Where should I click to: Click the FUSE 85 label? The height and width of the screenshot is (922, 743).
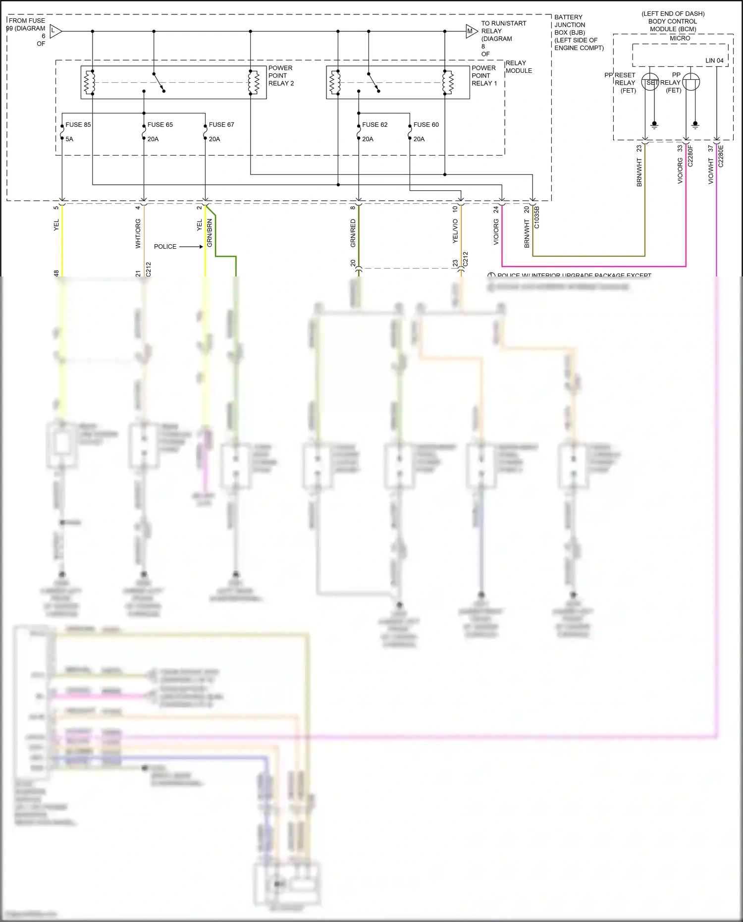tap(78, 125)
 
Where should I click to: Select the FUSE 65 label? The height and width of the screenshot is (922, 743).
tap(160, 125)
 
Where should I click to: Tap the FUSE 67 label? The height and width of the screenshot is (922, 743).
tap(221, 125)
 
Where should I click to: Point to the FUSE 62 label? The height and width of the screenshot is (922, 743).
tap(374, 125)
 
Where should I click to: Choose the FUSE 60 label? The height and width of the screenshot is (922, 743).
tap(426, 125)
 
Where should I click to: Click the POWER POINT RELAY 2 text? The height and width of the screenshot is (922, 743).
tap(281, 76)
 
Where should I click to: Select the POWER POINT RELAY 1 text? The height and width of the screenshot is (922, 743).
tap(484, 76)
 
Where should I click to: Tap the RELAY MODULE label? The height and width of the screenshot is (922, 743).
tap(519, 67)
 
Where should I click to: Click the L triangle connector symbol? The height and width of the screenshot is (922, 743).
tap(55, 31)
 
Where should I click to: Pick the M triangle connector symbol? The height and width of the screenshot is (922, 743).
tap(471, 31)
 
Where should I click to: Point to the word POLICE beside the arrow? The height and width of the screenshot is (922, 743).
tap(165, 247)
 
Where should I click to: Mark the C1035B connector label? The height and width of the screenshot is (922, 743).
tap(537, 217)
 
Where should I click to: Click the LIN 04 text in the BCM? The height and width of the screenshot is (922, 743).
tap(714, 60)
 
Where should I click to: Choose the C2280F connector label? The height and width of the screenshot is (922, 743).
tap(690, 156)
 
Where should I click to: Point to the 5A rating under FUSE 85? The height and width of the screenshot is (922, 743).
tap(69, 139)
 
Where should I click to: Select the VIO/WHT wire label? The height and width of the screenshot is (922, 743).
tap(711, 171)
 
